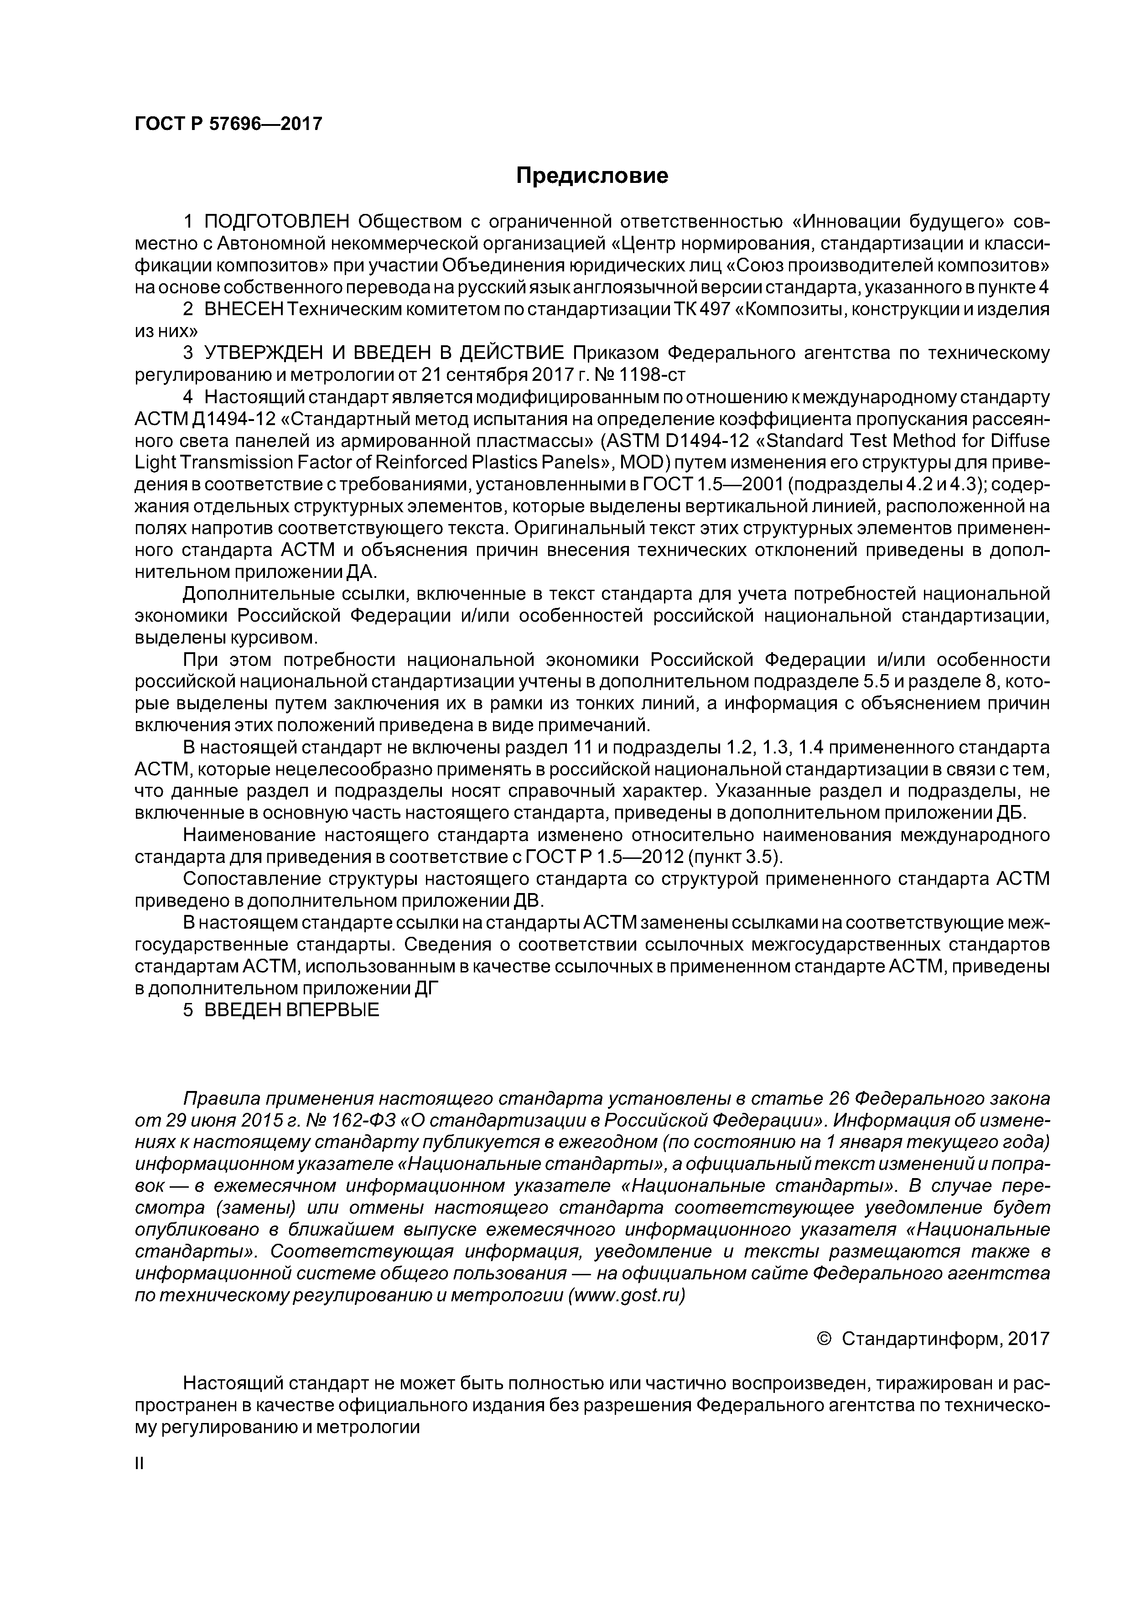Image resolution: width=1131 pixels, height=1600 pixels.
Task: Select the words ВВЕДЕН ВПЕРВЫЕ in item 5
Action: pos(291,1010)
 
